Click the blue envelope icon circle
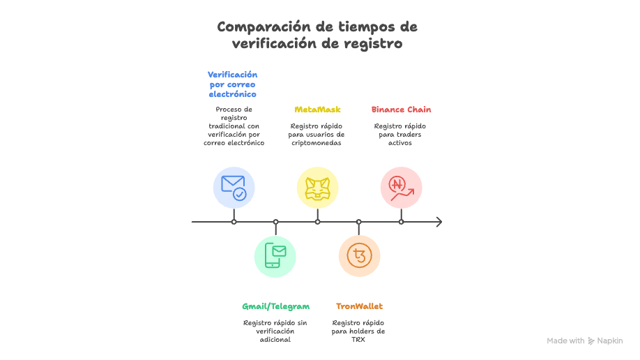coord(234,187)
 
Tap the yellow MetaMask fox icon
coord(317,187)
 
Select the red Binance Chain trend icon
coord(401,187)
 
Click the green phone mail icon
coord(275,256)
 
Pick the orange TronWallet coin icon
coord(359,256)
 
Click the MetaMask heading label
coord(317,110)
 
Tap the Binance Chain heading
coord(401,110)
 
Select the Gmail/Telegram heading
coord(275,306)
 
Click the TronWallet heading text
coord(359,306)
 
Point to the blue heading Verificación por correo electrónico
coord(233,84)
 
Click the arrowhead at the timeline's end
coord(438,222)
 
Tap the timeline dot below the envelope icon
coord(234,222)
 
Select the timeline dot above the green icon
coord(275,222)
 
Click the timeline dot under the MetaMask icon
coord(317,222)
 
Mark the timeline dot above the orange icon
coord(359,222)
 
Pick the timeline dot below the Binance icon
coord(401,222)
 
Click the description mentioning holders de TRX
coord(358,331)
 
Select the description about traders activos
coord(400,135)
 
